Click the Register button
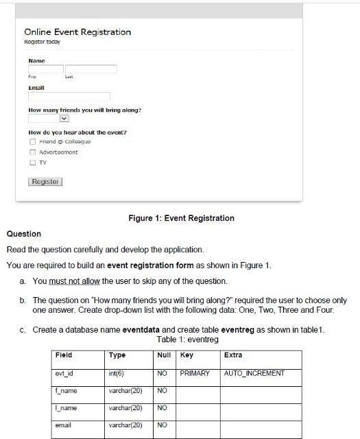click(45, 182)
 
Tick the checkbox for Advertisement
click(32, 152)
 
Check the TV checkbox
click(32, 163)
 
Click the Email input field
click(69, 97)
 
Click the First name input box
click(45, 69)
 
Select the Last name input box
click(91, 69)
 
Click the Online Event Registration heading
click(77, 32)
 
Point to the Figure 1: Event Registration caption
click(181, 218)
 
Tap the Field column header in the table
click(64, 355)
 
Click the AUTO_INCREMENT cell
click(254, 374)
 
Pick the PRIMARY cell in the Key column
click(195, 374)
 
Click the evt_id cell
click(64, 374)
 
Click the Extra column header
click(234, 355)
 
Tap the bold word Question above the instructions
click(24, 234)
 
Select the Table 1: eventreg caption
click(187, 340)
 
